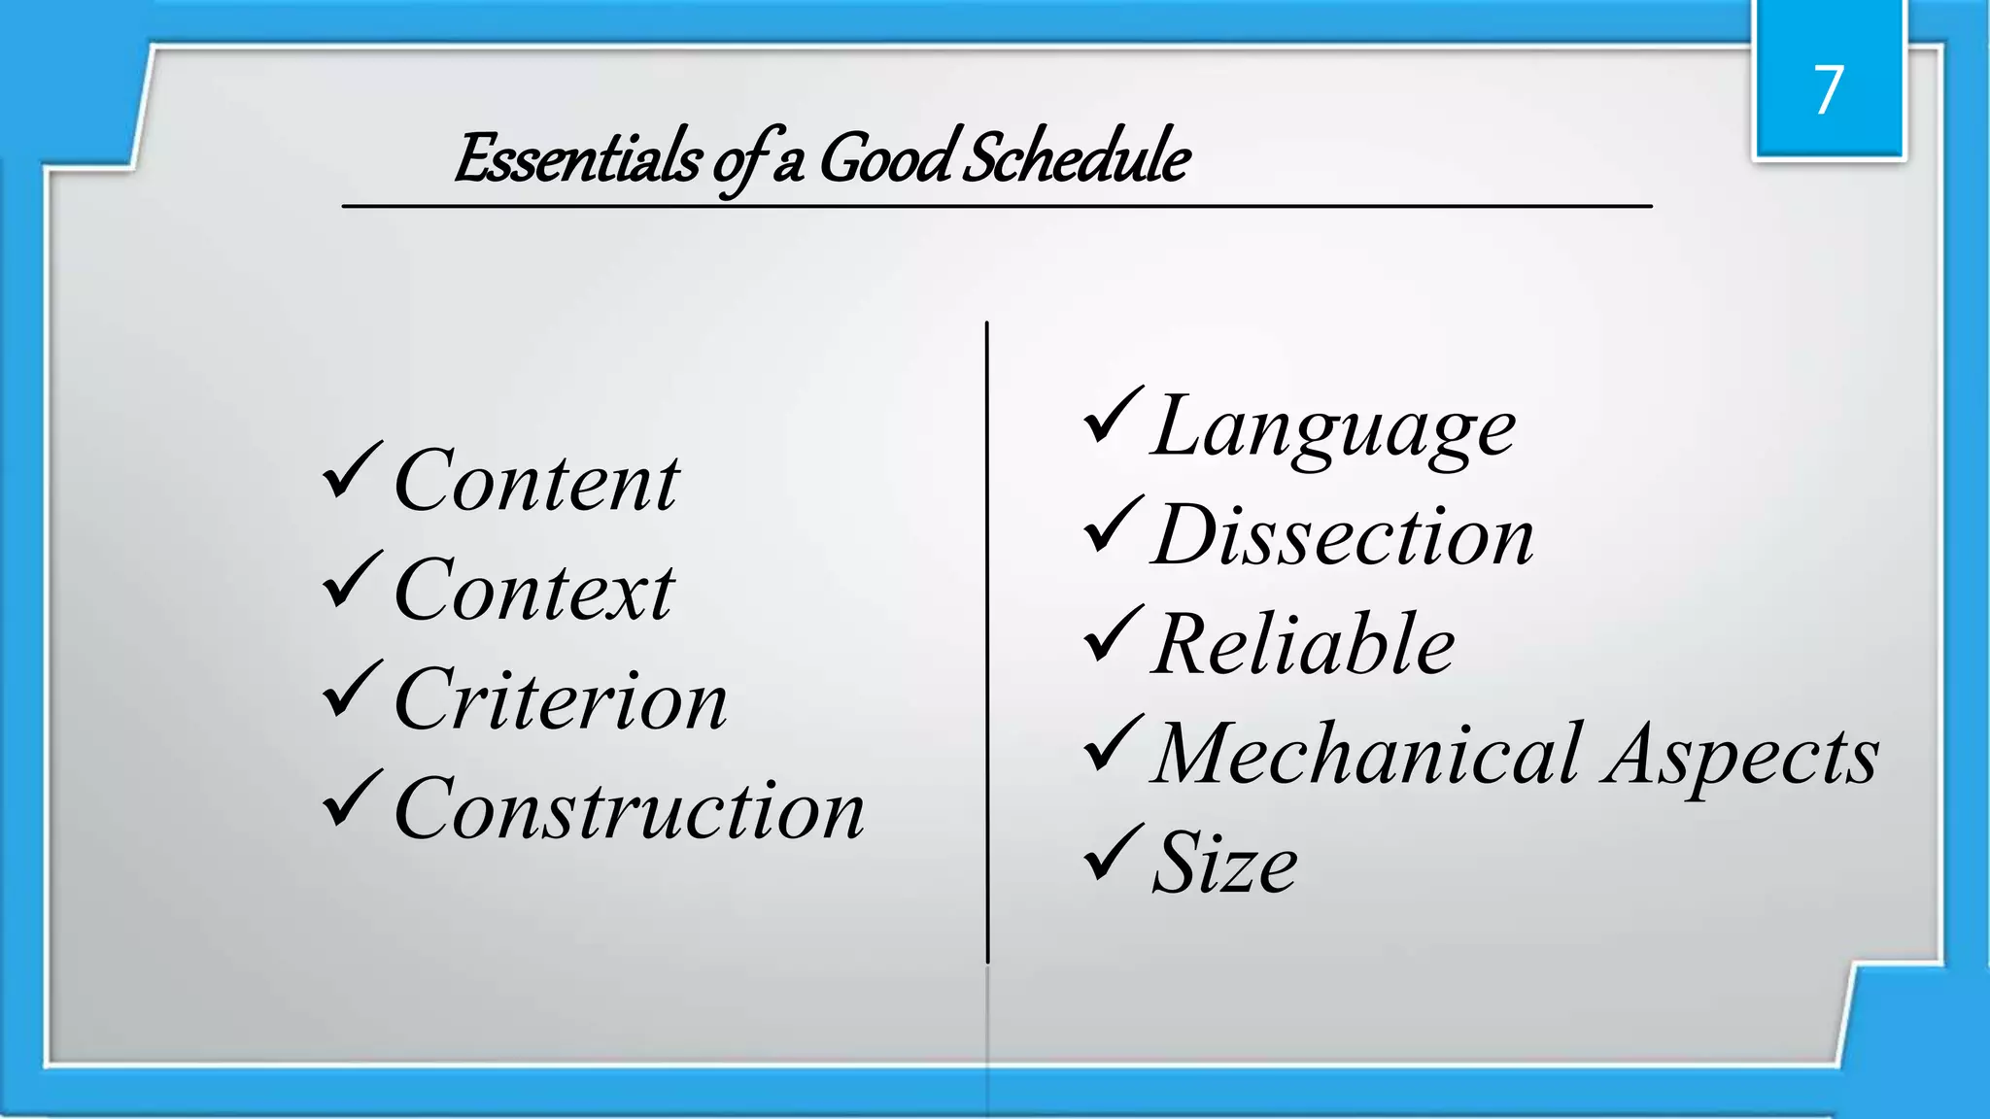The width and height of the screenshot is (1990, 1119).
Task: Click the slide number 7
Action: pyautogui.click(x=1828, y=90)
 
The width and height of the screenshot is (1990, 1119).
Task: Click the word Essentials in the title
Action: pyautogui.click(x=577, y=158)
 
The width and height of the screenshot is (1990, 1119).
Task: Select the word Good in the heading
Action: pyautogui.click(x=885, y=158)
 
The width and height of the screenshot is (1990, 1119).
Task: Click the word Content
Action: pyautogui.click(x=536, y=482)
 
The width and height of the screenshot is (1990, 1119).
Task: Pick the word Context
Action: pyautogui.click(x=533, y=591)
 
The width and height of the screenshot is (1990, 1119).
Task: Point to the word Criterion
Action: pyautogui.click(x=561, y=700)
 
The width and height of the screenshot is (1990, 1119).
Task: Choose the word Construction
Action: pyautogui.click(x=629, y=809)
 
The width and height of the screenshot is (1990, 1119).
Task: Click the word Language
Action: pyautogui.click(x=1333, y=427)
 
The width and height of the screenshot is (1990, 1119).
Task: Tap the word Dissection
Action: pyautogui.click(x=1343, y=536)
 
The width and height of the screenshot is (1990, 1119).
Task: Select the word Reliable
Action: pyautogui.click(x=1303, y=645)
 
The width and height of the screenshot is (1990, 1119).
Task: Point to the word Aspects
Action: pyautogui.click(x=1741, y=756)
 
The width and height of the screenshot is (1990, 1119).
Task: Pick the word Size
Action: pyautogui.click(x=1224, y=864)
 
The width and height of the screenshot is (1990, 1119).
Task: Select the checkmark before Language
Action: pyautogui.click(x=1113, y=416)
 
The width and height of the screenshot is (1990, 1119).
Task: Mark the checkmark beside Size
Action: pyautogui.click(x=1113, y=852)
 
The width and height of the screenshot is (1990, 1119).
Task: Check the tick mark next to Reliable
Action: pyautogui.click(x=1113, y=633)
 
